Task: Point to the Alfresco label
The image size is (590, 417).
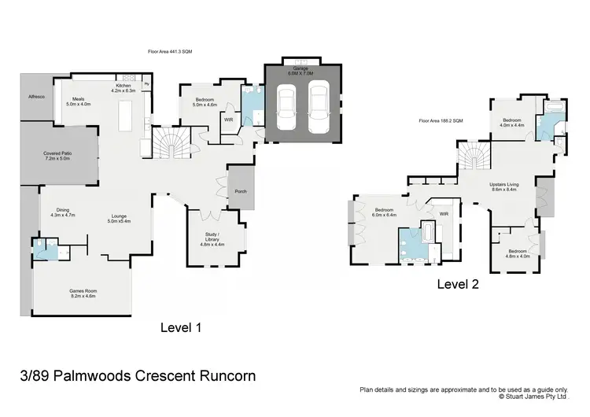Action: pos(36,96)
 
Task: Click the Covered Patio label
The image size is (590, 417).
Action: pos(57,156)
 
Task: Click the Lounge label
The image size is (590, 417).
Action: pos(119,219)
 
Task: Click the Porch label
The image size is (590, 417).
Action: pos(241,191)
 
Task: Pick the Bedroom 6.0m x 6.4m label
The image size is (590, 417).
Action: pos(385,212)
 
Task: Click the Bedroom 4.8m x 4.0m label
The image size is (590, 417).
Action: pos(518,253)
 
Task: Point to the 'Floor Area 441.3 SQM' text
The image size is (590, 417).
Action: pos(170,51)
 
